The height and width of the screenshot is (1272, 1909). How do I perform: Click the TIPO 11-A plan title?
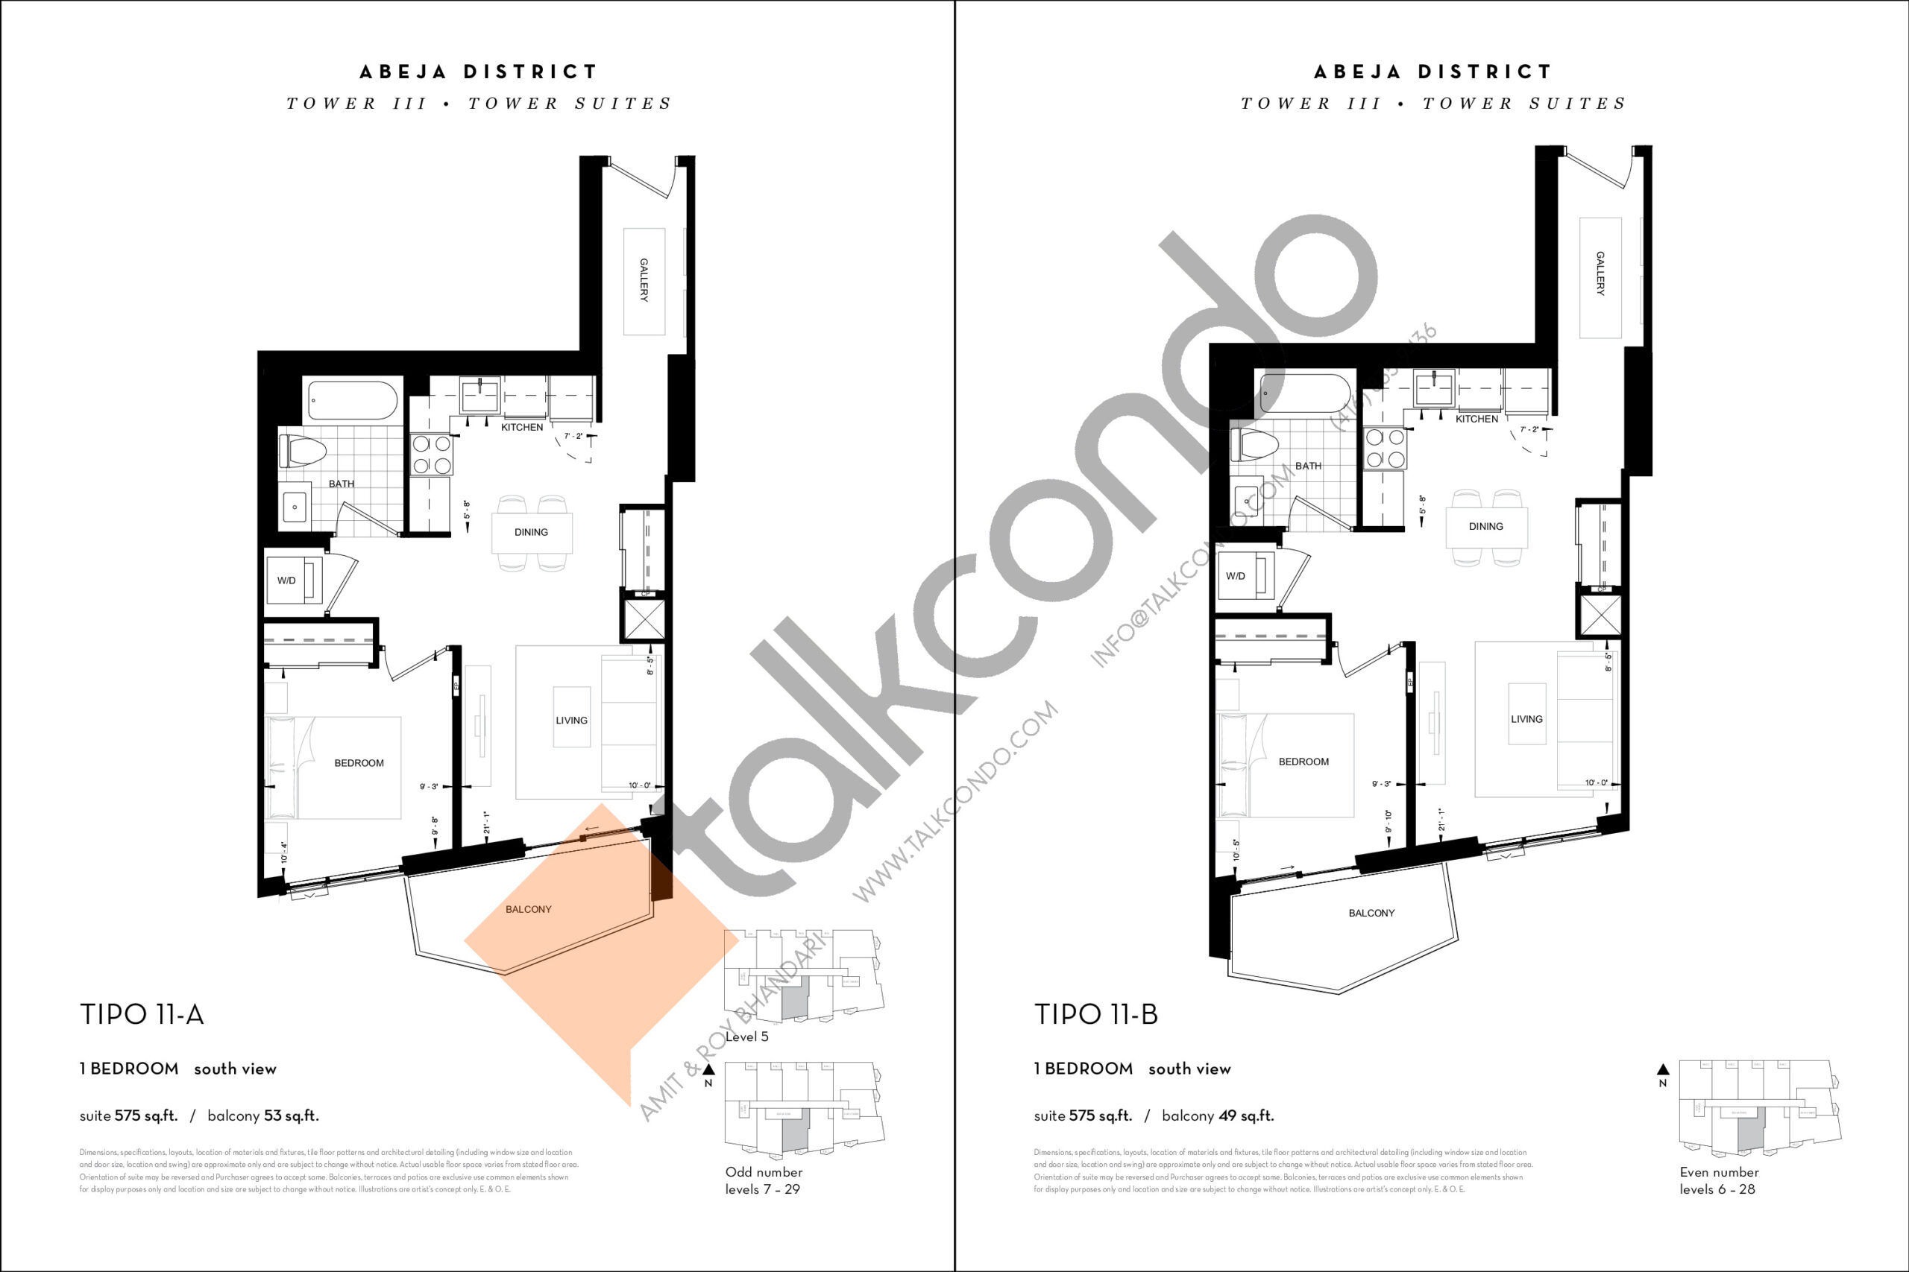coord(141,1015)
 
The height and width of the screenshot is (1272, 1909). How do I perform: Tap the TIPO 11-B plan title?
coord(1095,1015)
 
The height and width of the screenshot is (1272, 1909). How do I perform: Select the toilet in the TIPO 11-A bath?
coord(302,451)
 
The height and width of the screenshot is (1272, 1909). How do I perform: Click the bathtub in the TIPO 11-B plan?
coord(1305,394)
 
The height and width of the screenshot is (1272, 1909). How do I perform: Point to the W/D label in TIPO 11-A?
coord(286,580)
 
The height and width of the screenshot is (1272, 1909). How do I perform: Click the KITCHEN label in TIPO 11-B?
coord(1476,420)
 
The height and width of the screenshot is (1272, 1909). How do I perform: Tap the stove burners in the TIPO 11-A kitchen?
coord(432,455)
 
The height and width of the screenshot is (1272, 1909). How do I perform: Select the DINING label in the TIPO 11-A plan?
coord(531,532)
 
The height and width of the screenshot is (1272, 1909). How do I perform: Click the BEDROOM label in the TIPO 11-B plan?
coord(1303,762)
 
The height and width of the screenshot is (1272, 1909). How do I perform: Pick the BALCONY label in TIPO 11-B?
coord(1371,914)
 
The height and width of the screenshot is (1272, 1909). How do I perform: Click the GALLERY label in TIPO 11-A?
coord(644,280)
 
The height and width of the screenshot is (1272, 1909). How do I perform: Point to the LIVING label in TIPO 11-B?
coord(1526,719)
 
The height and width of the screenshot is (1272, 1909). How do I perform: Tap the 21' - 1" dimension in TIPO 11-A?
coord(486,823)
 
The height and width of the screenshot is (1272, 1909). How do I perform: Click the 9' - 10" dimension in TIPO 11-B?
coord(1388,821)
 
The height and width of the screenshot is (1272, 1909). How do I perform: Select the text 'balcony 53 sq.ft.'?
coord(263,1116)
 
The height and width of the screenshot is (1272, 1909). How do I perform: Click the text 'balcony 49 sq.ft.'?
coord(1218,1116)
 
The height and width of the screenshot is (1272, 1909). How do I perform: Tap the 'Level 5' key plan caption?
coord(746,1037)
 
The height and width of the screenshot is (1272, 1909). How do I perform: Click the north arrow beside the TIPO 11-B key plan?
coord(1663,1070)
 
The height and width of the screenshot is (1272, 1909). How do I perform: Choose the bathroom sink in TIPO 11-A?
coord(295,507)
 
